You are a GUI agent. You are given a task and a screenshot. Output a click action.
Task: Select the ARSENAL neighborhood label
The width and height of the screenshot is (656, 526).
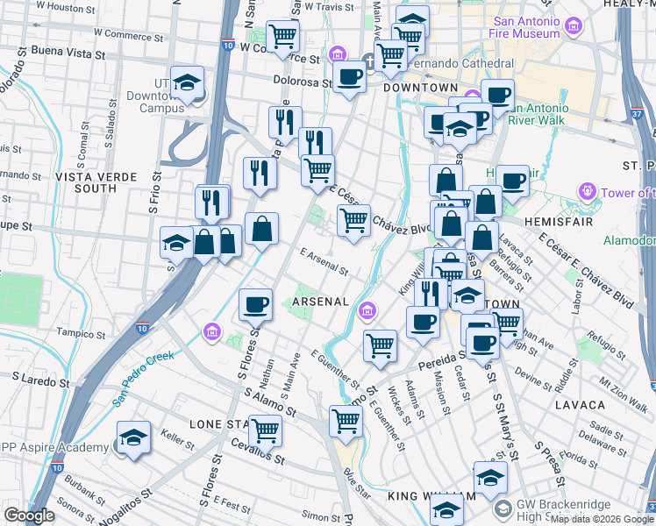pyautogui.click(x=321, y=301)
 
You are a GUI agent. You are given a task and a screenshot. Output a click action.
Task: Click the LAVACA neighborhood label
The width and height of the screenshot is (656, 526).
pyautogui.click(x=580, y=405)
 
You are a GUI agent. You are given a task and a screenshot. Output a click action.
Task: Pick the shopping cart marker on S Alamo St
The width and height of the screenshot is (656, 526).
pyautogui.click(x=264, y=430)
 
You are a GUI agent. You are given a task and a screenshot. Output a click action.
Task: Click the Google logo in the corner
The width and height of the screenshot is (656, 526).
pyautogui.click(x=28, y=515)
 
